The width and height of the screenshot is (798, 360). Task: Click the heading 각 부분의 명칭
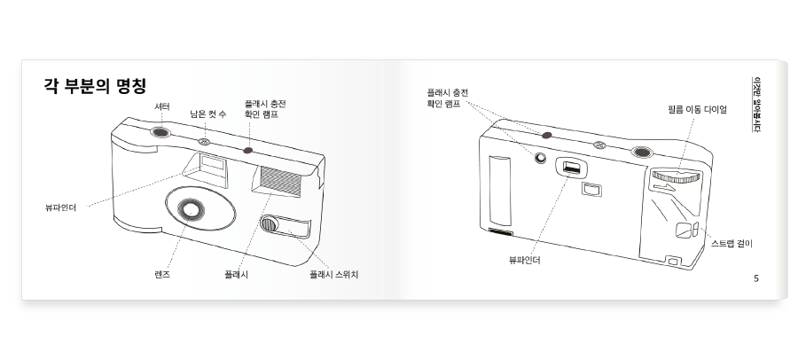(94, 85)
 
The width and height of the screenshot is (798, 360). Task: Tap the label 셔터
(162, 106)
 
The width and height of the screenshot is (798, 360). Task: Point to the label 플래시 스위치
(333, 274)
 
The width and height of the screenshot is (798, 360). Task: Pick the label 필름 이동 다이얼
(697, 109)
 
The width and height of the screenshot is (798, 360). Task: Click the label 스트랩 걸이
(731, 242)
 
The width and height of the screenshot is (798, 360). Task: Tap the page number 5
(755, 278)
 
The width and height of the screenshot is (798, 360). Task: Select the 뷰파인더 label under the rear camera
(524, 260)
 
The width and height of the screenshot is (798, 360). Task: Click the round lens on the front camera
(188, 210)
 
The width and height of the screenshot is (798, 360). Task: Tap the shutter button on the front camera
(160, 133)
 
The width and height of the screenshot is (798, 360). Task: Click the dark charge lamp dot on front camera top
(248, 149)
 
